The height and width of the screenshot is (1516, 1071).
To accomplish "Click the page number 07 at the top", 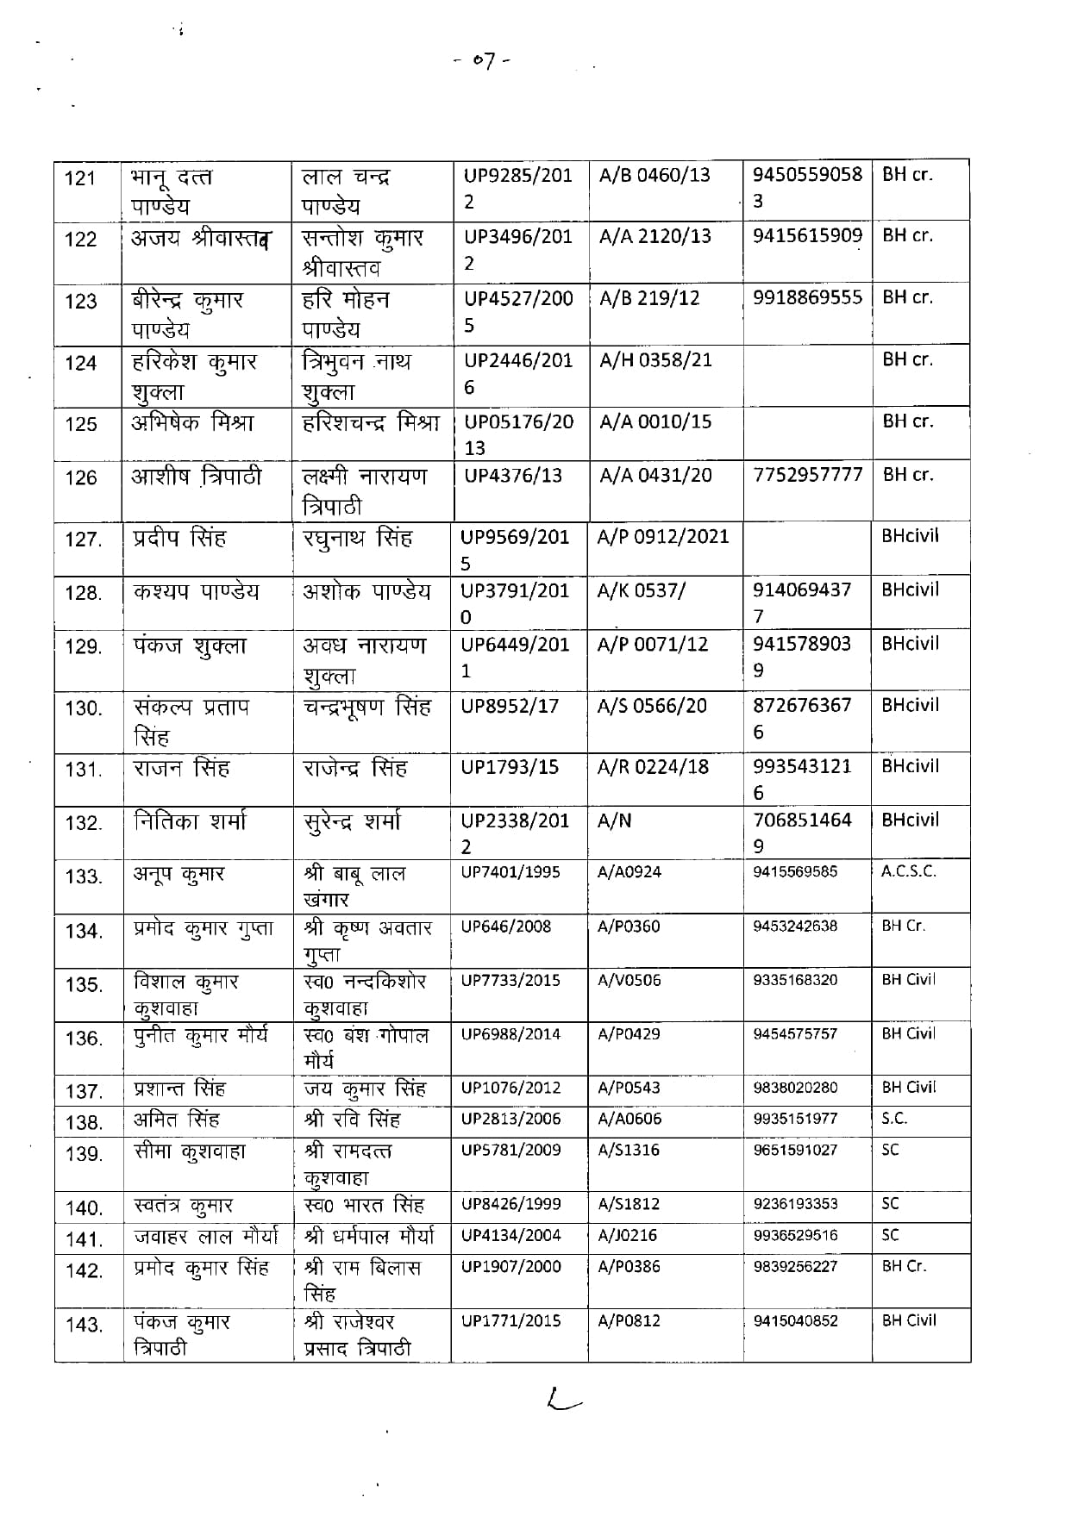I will [x=482, y=62].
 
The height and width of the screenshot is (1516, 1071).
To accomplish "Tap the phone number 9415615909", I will [x=807, y=235].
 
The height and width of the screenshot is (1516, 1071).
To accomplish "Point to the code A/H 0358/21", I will [x=655, y=360].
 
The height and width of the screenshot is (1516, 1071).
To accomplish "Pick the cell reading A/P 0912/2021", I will [x=662, y=537].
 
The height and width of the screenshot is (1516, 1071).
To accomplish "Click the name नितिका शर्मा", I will [x=190, y=822].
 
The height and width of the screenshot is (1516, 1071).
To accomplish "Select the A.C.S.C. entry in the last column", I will [x=908, y=871].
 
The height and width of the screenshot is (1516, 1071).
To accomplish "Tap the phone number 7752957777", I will [x=807, y=475].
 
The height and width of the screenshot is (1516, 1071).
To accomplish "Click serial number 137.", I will [x=84, y=1092].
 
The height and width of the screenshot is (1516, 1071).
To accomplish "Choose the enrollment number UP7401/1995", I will [x=510, y=872].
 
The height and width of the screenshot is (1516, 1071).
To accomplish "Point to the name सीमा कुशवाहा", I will [x=190, y=1151].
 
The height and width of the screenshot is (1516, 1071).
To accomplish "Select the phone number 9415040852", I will [x=795, y=1321].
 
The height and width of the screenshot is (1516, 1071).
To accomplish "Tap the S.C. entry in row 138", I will [x=894, y=1119].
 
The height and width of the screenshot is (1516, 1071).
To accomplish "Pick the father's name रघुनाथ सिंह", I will [x=357, y=540].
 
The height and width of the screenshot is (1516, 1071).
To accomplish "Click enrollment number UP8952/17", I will [x=510, y=706].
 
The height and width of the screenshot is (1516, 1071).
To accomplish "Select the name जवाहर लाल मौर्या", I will [x=206, y=1238].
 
